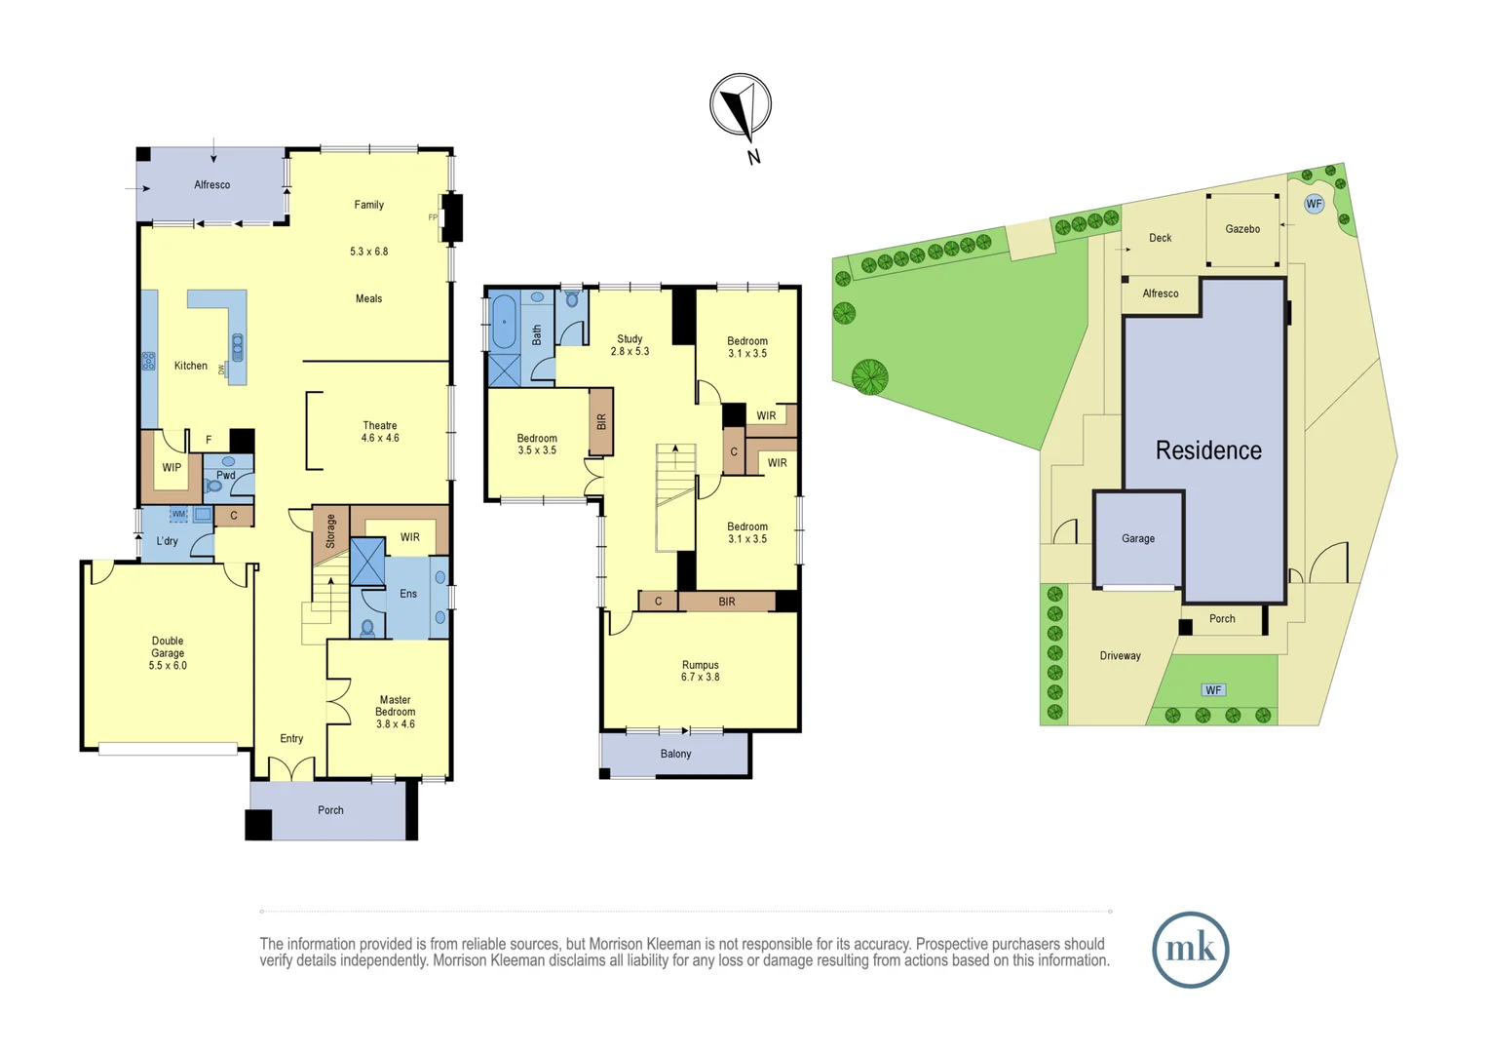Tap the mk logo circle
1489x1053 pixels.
tap(1190, 950)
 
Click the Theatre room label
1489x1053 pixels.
tap(380, 425)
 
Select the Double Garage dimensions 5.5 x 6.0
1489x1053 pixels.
tap(168, 665)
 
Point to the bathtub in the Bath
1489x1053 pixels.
tap(504, 322)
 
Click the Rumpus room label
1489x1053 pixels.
tap(700, 665)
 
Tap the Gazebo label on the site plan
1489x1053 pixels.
tap(1242, 229)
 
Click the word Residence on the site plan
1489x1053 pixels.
tap(1208, 450)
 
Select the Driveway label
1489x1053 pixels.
tap(1120, 656)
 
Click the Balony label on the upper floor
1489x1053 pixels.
tap(675, 754)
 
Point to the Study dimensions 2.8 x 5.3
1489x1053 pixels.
tap(630, 351)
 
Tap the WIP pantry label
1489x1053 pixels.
tap(172, 468)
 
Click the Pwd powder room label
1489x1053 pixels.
tap(226, 475)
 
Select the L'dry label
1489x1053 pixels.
tap(167, 541)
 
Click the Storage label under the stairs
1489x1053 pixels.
tap(330, 530)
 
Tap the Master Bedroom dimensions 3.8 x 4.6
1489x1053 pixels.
tap(396, 723)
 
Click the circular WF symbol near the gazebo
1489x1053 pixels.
tap(1314, 204)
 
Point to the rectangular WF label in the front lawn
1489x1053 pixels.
tap(1213, 689)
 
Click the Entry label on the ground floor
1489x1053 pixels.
tap(291, 738)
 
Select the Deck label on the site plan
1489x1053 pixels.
tap(1160, 238)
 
